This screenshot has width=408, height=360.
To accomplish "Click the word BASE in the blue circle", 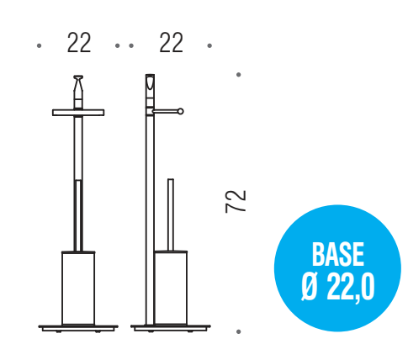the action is pos(338,254).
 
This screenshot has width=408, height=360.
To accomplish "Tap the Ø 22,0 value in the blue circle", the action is pos(338,287).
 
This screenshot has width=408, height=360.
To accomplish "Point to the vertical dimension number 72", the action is pos(236,202).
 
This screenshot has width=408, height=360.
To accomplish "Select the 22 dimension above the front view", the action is pos(79,43).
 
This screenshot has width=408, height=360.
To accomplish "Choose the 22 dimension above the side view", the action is pos(171,43).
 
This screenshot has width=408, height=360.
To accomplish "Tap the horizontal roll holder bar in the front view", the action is pos(78,113).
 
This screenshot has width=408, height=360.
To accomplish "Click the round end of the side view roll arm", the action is pos(180,112).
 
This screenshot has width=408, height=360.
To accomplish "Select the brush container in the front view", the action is pos(78,289).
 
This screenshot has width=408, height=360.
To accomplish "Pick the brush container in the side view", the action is pos(171,288).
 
